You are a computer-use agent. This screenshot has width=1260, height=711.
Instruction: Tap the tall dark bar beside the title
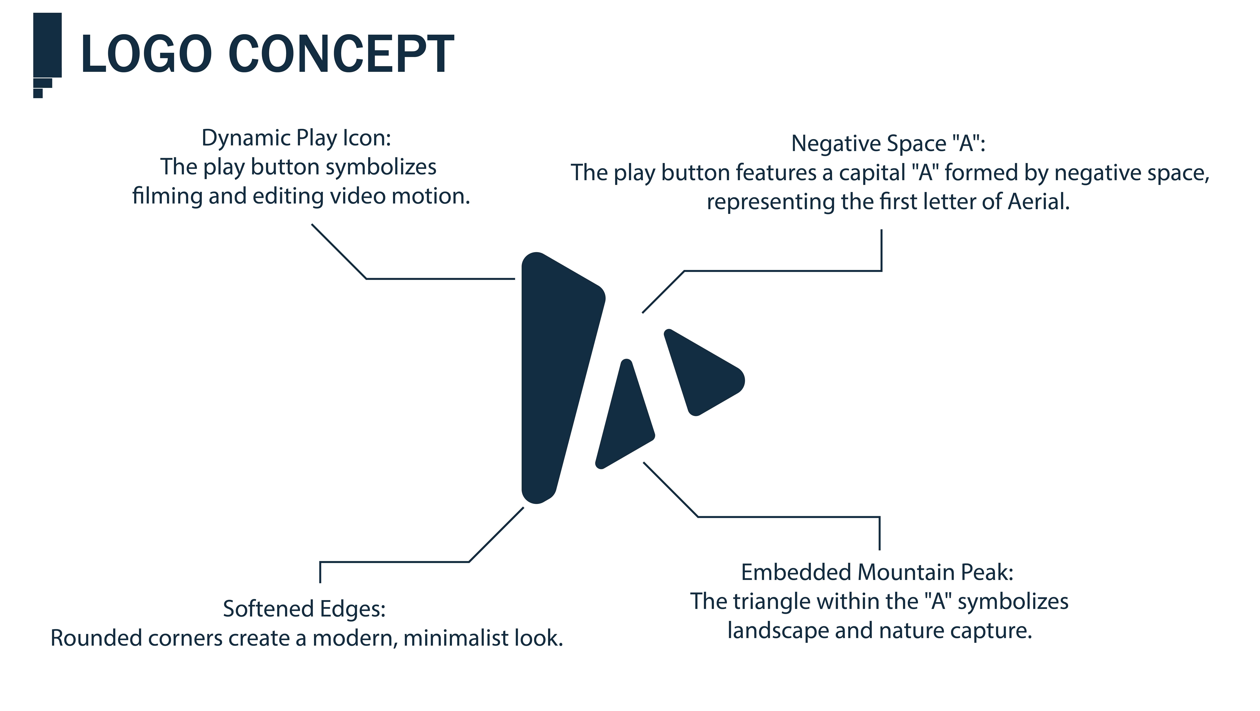click(x=47, y=45)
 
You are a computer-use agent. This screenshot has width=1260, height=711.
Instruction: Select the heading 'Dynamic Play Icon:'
click(x=296, y=138)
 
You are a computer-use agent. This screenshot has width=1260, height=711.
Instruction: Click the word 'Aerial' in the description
click(x=1038, y=202)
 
